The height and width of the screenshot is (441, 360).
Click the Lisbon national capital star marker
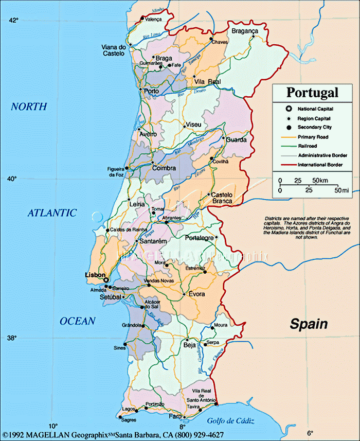click(x=106, y=280)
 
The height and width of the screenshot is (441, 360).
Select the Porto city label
click(x=152, y=91)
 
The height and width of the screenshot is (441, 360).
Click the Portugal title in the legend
click(x=312, y=93)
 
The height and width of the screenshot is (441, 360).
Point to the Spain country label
click(x=309, y=324)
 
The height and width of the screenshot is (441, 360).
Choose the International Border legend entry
click(x=320, y=165)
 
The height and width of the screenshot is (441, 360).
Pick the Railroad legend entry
click(x=307, y=146)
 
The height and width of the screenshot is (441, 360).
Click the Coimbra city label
click(x=164, y=168)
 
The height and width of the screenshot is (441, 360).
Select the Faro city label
click(x=175, y=416)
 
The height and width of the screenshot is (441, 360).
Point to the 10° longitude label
click(x=52, y=426)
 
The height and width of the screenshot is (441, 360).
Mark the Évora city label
click(x=196, y=294)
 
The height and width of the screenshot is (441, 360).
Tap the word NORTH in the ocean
click(x=29, y=107)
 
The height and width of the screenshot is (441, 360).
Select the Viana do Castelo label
click(x=114, y=50)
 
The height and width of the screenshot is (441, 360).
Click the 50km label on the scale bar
click(x=320, y=181)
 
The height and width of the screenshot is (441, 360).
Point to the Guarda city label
click(x=236, y=140)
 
